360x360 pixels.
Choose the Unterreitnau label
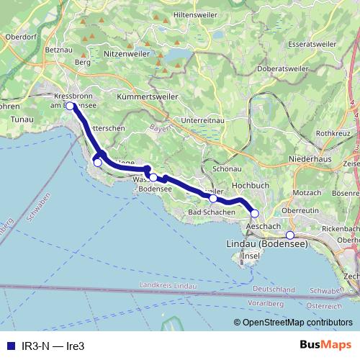click(204, 120)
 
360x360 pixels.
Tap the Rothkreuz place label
click(333, 132)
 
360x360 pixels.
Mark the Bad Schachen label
click(211, 213)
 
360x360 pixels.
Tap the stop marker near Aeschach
click(254, 213)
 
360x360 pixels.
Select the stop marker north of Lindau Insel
click(289, 235)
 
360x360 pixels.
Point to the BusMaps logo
click(325, 346)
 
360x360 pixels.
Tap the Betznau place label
click(55, 50)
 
